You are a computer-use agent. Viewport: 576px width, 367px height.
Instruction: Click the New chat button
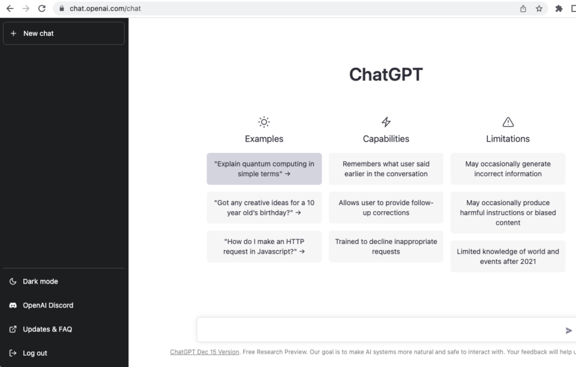[x=64, y=34]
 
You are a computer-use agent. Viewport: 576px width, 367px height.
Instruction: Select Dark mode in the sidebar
[x=40, y=281]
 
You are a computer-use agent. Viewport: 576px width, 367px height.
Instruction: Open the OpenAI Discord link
[x=47, y=305]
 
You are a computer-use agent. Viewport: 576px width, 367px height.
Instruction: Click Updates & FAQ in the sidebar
[x=47, y=329]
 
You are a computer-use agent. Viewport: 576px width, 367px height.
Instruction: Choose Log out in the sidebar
[x=34, y=353]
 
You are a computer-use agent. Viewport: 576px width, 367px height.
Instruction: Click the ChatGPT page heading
[x=386, y=74]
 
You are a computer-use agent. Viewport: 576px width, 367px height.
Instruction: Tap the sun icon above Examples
[x=264, y=122]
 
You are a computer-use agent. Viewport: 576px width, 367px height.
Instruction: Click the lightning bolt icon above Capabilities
[x=386, y=122]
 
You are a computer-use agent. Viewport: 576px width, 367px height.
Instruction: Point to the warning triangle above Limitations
[x=508, y=122]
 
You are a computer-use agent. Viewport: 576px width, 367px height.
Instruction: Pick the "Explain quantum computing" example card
[x=264, y=169]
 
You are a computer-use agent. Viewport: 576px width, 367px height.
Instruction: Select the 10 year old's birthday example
[x=264, y=207]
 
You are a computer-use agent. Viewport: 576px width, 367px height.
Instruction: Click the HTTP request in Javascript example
[x=264, y=246]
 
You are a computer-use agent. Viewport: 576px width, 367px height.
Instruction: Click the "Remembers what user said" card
[x=386, y=169]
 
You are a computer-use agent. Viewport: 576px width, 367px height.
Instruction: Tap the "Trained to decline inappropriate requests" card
[x=386, y=246]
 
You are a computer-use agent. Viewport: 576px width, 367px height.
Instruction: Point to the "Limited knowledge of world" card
[x=508, y=257]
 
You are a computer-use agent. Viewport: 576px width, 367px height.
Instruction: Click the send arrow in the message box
[x=568, y=330]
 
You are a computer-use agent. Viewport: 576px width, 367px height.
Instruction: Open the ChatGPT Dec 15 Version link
[x=205, y=352]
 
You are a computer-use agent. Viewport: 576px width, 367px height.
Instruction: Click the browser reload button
[x=41, y=8]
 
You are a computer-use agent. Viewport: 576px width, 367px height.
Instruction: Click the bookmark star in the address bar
[x=539, y=8]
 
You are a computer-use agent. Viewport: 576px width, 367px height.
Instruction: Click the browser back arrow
[x=10, y=8]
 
